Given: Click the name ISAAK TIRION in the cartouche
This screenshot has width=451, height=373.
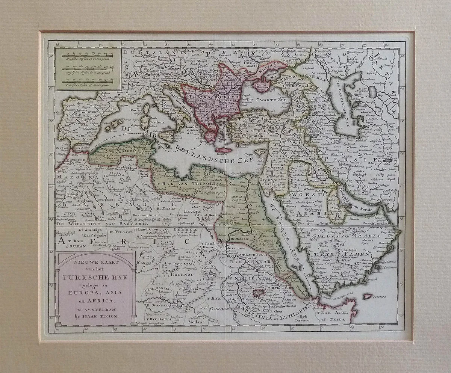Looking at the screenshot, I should click(x=100, y=317).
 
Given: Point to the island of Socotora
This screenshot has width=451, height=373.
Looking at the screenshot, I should click(x=368, y=296).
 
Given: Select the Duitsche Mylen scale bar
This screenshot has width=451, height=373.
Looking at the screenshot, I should click(x=87, y=56).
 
